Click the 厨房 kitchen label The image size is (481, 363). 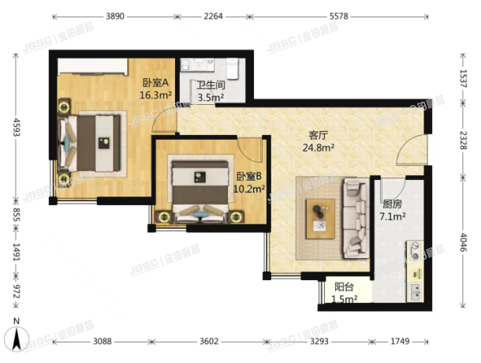pyautogui.click(x=393, y=202)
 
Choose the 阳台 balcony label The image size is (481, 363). pyautogui.click(x=344, y=287)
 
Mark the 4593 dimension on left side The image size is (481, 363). pyautogui.click(x=15, y=128)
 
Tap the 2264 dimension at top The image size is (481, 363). pyautogui.click(x=214, y=15)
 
